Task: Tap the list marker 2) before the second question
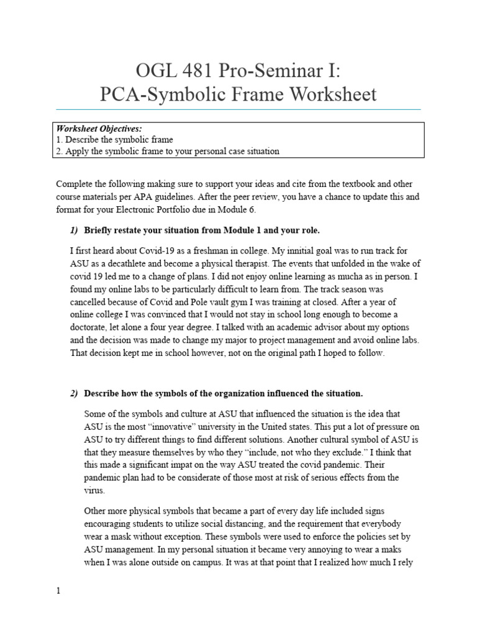pyautogui.click(x=74, y=394)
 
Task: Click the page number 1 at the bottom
pyautogui.click(x=58, y=591)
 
